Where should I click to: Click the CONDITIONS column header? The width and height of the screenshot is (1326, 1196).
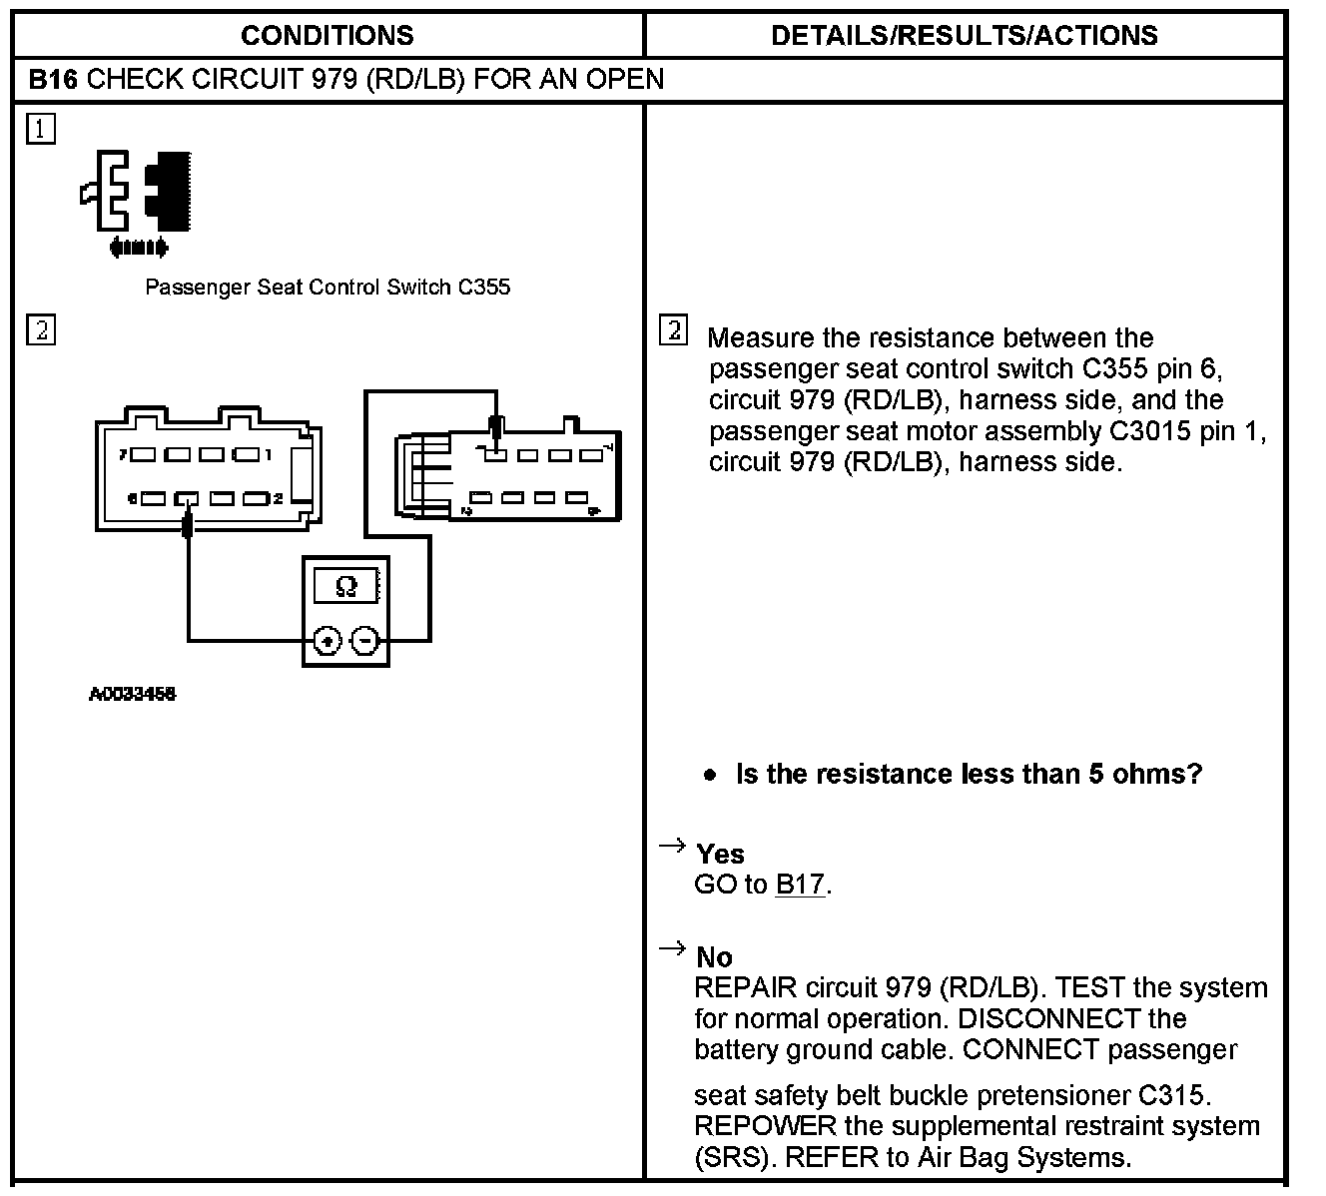coord(327,36)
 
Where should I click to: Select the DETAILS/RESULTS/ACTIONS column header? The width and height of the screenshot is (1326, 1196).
coord(964,36)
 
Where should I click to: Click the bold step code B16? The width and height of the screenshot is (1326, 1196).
coord(53,80)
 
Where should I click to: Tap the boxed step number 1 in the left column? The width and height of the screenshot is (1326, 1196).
coord(41,130)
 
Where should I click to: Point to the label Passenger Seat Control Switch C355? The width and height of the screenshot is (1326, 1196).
coord(328,288)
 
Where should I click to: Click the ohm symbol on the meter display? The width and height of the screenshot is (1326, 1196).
coord(345,586)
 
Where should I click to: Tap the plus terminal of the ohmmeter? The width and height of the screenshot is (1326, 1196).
coord(327,640)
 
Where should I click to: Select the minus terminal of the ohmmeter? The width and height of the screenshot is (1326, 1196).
coord(366,640)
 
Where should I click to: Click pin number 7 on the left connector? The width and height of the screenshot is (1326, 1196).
coord(122,455)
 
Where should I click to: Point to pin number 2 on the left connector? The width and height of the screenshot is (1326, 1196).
coord(279,498)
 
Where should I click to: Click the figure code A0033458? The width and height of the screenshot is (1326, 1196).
coord(133,695)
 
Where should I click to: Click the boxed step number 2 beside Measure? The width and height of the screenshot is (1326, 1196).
coord(674,330)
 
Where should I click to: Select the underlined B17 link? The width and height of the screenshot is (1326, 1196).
coord(800,886)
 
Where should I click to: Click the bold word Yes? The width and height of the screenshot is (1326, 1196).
coord(720,855)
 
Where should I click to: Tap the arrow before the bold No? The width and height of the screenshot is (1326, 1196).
coord(672,948)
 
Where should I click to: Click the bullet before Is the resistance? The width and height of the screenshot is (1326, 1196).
coord(710,776)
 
